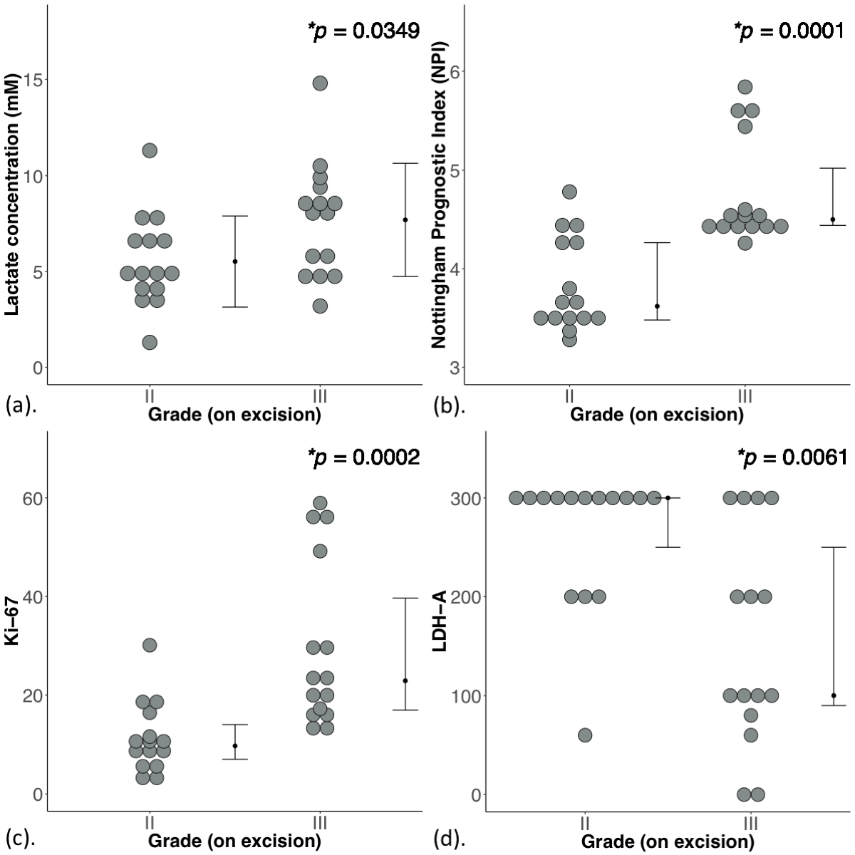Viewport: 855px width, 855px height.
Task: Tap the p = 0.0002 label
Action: click(x=363, y=457)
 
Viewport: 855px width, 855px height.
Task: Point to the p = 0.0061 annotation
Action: click(x=789, y=457)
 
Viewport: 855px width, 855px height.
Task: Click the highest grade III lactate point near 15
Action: click(x=320, y=83)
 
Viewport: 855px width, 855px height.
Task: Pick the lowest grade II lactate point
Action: click(x=150, y=342)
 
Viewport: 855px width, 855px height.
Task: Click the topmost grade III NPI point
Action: click(x=745, y=87)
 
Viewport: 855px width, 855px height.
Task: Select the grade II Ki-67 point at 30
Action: click(x=150, y=645)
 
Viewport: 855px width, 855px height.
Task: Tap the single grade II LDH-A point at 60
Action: click(x=585, y=735)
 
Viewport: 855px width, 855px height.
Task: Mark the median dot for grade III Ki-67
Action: click(x=405, y=680)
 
